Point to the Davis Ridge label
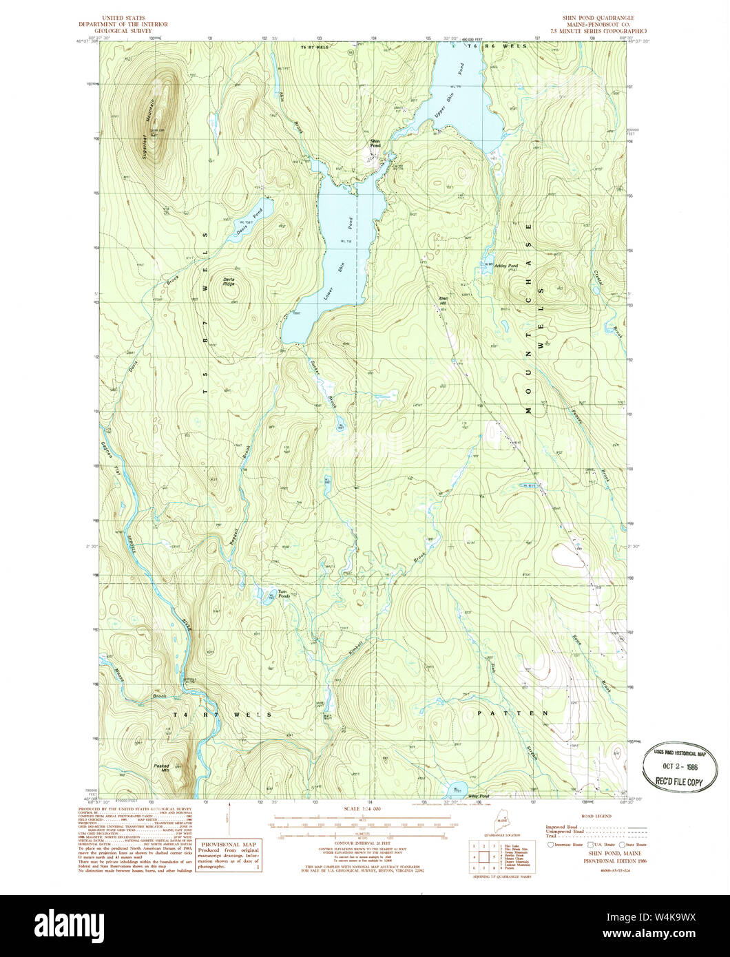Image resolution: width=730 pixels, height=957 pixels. click(229, 282)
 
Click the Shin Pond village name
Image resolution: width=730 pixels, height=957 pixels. click(375, 144)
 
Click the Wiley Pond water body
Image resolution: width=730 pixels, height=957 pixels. click(457, 788)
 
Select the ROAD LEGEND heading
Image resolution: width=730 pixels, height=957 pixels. click(596, 816)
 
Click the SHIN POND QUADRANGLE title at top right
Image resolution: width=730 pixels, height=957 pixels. click(596, 17)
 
